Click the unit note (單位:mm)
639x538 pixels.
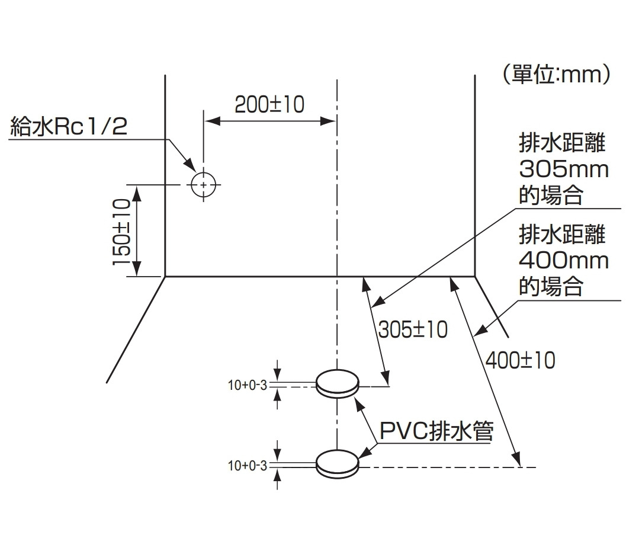(555, 75)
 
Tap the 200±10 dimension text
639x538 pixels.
(269, 105)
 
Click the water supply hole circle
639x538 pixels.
(204, 185)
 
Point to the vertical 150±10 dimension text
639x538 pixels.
(121, 232)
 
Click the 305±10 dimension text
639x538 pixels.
(413, 330)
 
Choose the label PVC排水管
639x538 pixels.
(436, 431)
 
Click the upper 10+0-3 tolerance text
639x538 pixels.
(248, 386)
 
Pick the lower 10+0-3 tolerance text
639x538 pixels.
(248, 466)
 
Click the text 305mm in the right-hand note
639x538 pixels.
(563, 170)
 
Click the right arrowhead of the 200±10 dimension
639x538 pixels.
(331, 121)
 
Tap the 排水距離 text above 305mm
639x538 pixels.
(562, 144)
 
